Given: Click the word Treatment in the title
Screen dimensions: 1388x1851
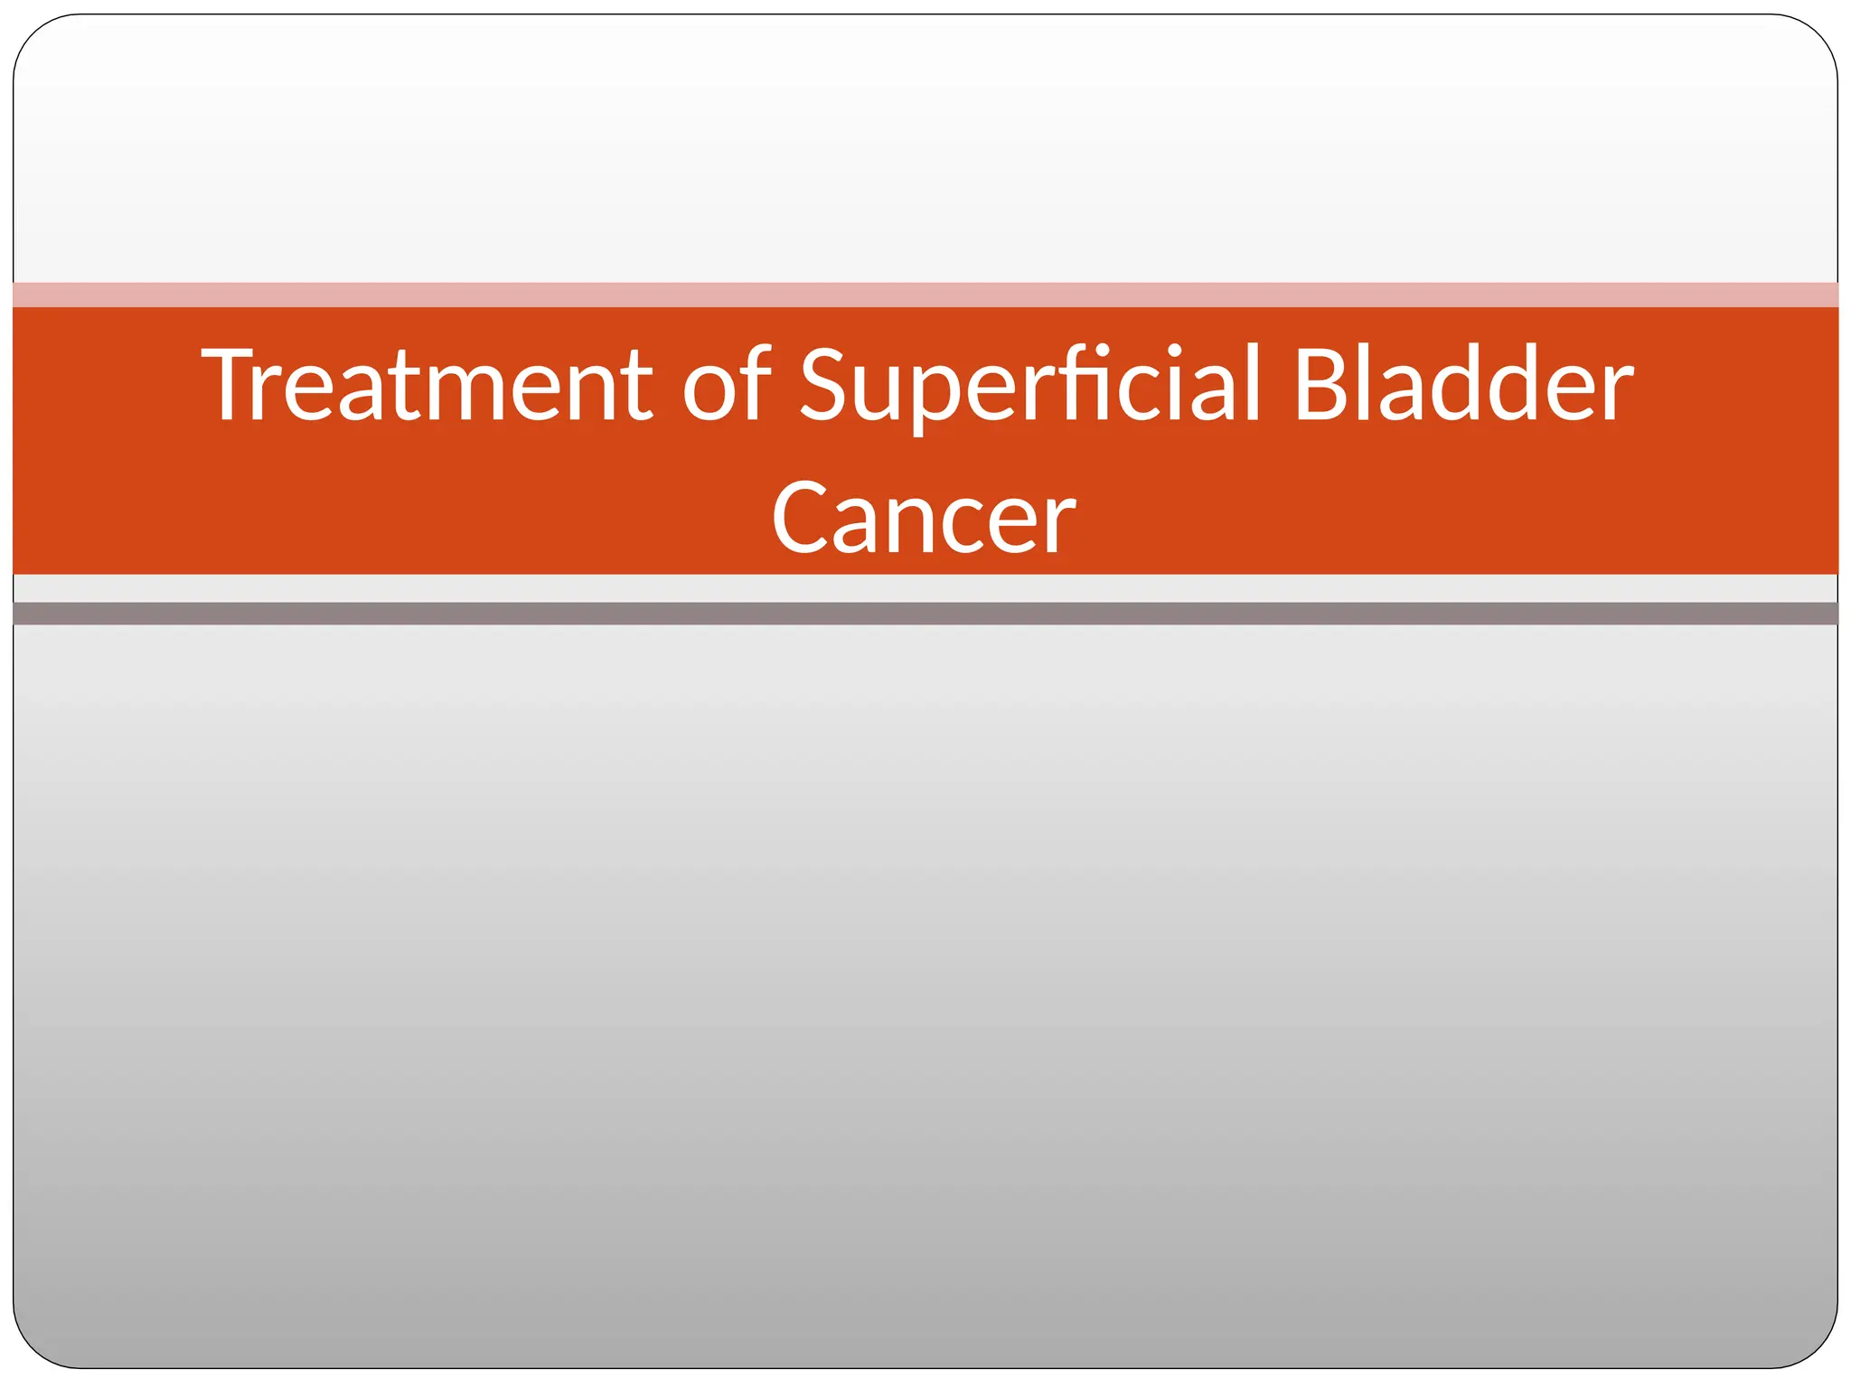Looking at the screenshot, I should (x=426, y=386).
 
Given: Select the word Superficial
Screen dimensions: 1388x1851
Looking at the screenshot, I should (x=1029, y=386).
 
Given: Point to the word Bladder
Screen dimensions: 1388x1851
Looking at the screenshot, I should (x=1462, y=386).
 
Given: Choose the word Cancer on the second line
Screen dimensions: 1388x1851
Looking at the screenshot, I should (x=923, y=519).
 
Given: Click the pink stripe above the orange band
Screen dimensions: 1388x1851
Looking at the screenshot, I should (x=925, y=295).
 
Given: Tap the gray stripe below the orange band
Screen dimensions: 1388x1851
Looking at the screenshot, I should (x=925, y=614).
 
